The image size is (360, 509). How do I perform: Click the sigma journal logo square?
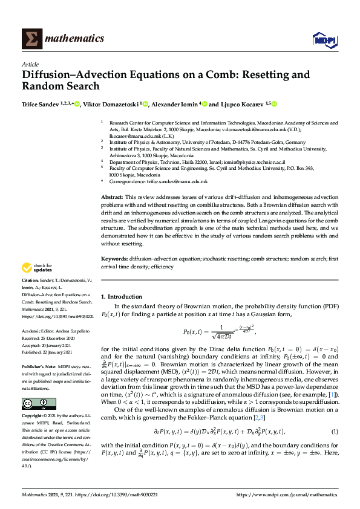click(x=31, y=39)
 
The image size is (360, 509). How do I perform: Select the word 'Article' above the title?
click(x=30, y=64)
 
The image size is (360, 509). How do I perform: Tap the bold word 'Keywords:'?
click(x=114, y=259)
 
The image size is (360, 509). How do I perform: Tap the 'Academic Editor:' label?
click(x=38, y=331)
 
